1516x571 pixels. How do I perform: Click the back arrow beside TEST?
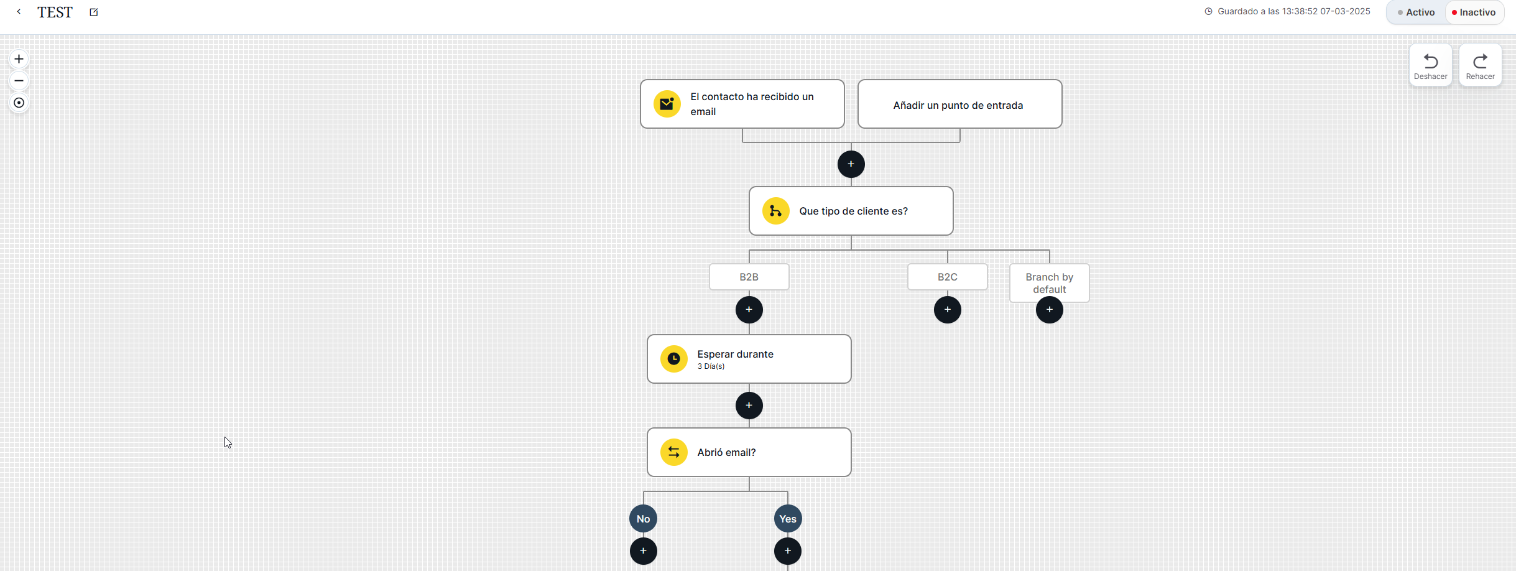tap(19, 12)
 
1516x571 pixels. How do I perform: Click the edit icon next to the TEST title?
tap(94, 12)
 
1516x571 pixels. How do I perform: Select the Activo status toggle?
tap(1417, 12)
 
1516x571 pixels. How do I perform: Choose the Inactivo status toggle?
tap(1474, 12)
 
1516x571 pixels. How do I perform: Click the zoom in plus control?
tap(19, 59)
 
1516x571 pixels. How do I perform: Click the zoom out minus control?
tap(19, 81)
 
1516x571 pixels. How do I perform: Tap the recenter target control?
tap(19, 103)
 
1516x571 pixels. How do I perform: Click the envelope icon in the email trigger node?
tap(667, 104)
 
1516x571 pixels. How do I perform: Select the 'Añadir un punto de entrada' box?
tap(959, 104)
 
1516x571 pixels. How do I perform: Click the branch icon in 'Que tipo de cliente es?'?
tap(775, 211)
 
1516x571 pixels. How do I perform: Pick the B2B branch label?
tap(749, 277)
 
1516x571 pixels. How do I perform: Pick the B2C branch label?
tap(947, 277)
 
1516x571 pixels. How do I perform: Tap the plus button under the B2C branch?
tap(947, 310)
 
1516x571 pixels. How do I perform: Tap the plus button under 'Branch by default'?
tap(1049, 310)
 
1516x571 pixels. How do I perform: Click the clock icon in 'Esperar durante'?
tap(673, 359)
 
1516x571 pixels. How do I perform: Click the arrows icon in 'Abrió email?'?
tap(673, 452)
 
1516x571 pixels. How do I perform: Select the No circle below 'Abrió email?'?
tap(643, 519)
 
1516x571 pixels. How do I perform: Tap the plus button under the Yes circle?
tap(787, 551)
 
